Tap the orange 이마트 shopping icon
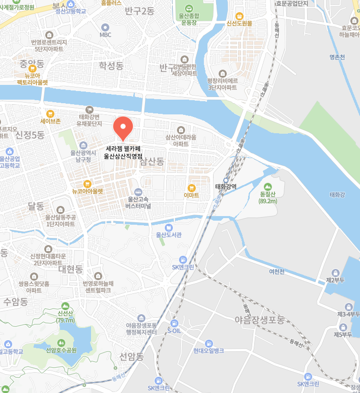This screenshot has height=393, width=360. [191, 187]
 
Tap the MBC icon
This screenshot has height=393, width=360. [105, 27]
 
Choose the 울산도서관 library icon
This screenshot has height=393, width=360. [169, 227]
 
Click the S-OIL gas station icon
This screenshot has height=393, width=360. [174, 323]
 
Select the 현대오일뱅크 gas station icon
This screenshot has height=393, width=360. [208, 343]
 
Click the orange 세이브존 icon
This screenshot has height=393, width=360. [50, 113]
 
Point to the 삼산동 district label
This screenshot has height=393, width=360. [152, 162]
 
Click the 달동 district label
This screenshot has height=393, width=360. [36, 206]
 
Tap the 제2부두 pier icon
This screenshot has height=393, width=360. [336, 273]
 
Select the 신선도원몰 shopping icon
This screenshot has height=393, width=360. [239, 15]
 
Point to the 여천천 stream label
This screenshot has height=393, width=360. [277, 271]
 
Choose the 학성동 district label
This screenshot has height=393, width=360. [111, 65]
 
